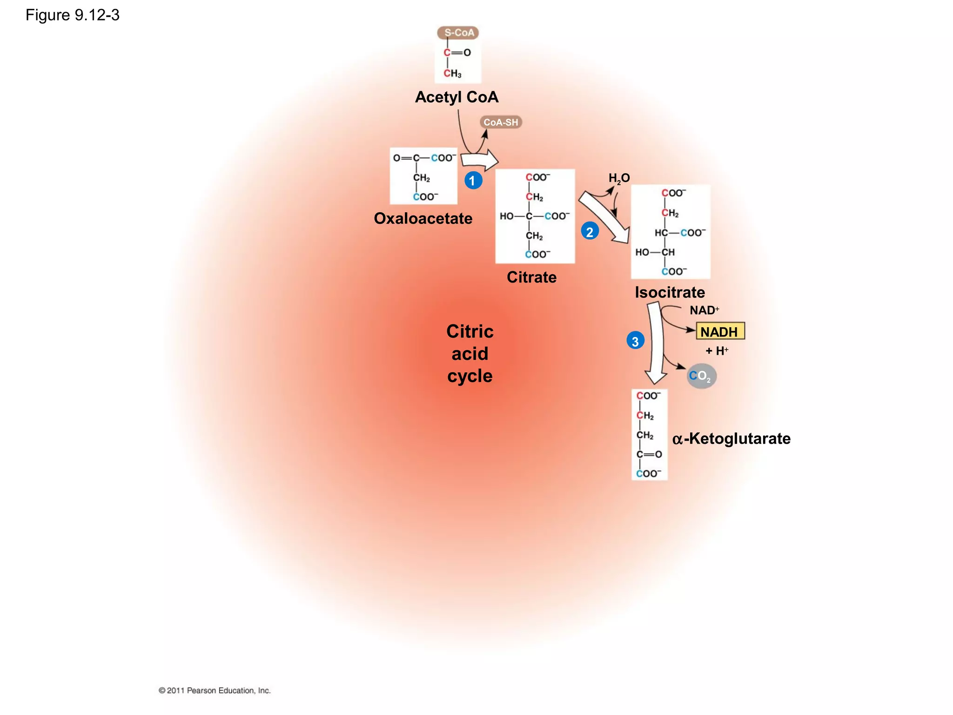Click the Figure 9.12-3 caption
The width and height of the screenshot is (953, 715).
(73, 15)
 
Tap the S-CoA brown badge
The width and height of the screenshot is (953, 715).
(458, 33)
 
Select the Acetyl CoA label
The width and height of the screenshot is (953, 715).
(456, 97)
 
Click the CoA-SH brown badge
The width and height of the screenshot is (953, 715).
(501, 122)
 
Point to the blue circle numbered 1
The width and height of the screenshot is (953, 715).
(473, 180)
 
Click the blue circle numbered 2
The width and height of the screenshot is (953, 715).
(590, 231)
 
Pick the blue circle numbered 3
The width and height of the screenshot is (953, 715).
(635, 341)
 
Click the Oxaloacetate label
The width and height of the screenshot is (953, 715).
(423, 218)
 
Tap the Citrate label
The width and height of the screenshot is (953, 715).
(531, 277)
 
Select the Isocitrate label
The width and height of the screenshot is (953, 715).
(670, 292)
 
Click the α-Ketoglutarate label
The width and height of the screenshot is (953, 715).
(731, 438)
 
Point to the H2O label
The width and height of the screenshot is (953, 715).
(619, 178)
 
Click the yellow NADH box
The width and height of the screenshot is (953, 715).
(720, 331)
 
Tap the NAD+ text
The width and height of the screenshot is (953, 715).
(704, 310)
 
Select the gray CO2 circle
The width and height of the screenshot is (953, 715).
(701, 376)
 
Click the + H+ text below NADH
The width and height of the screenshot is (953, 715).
(717, 351)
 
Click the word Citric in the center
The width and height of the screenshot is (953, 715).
(470, 331)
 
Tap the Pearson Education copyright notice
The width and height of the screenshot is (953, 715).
(215, 690)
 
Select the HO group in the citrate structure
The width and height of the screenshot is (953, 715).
(506, 216)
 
